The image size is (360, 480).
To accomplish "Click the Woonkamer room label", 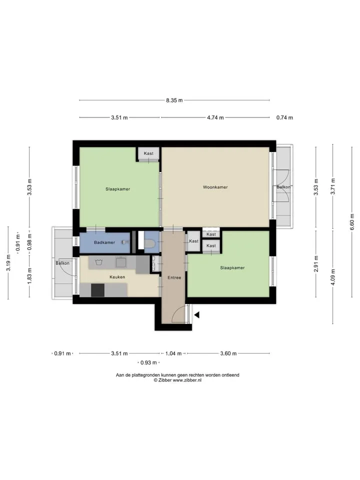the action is tap(215, 187).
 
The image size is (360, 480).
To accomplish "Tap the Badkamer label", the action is tap(104, 242).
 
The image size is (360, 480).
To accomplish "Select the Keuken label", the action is tap(117, 277).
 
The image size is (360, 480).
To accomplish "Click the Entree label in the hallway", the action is tap(174, 277).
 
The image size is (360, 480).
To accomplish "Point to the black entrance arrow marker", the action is tap(197, 314).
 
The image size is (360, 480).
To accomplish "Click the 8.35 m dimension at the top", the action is tap(174, 100).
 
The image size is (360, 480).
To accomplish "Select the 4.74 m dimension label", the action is tap(215, 117).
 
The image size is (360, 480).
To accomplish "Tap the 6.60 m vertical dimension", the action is tap(352, 222).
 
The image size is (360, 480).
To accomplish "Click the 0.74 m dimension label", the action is tap(284, 117).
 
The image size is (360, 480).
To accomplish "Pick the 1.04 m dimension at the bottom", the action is tap(173, 353).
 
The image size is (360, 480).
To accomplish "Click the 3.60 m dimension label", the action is tap(228, 353).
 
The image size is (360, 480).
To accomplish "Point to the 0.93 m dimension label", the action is tap(148, 363).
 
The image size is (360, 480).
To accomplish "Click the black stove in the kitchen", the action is tap(97, 290).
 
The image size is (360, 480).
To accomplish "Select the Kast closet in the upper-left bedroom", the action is tap(148, 153).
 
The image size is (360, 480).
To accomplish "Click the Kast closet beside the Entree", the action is tap(194, 241).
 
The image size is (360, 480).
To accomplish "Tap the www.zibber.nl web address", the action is tap(187, 380).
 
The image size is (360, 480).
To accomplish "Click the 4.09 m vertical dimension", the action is tap(333, 276).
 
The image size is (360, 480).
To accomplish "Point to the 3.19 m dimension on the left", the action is tap(8, 262).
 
